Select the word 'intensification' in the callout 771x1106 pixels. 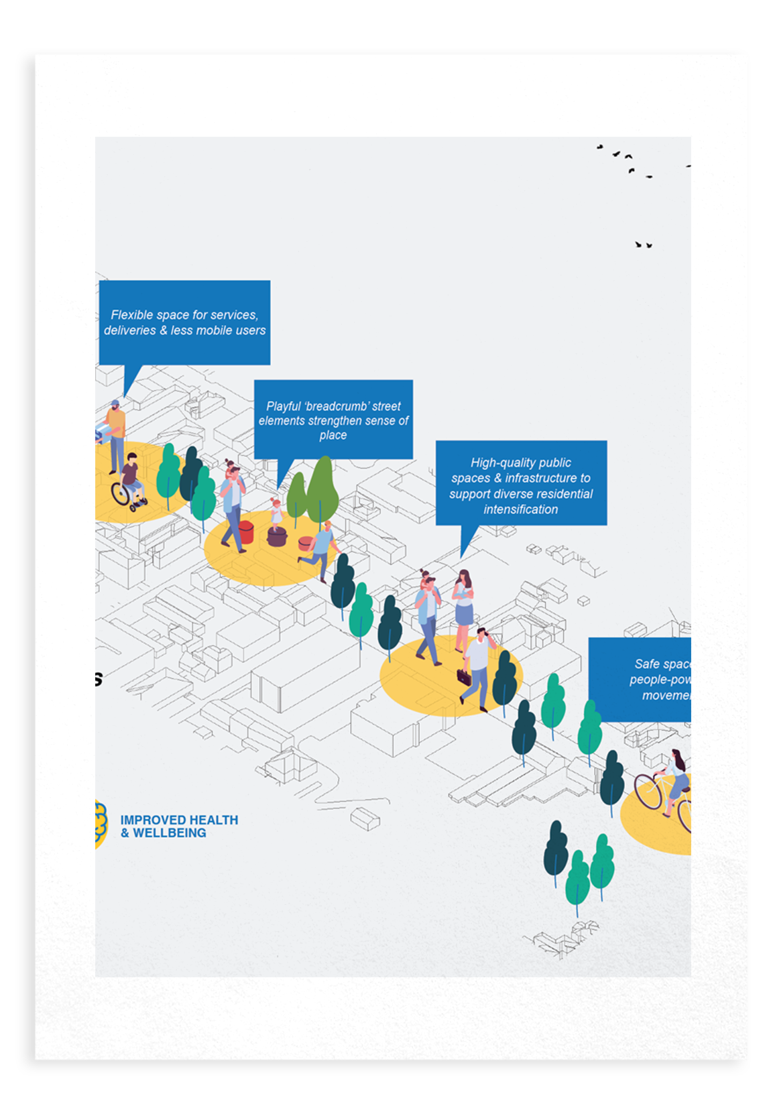[x=521, y=509]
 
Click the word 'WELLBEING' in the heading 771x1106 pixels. [x=170, y=833]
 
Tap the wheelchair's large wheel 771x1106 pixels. [x=121, y=495]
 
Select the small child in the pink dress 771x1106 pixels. [x=276, y=512]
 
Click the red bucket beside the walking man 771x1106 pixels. [x=246, y=532]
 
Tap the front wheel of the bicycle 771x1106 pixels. [x=648, y=792]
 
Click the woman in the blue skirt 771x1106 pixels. [x=463, y=607]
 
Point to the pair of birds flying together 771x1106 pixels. [x=644, y=245]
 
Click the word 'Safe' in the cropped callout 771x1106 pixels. [x=647, y=664]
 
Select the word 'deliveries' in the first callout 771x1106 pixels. [x=130, y=330]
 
